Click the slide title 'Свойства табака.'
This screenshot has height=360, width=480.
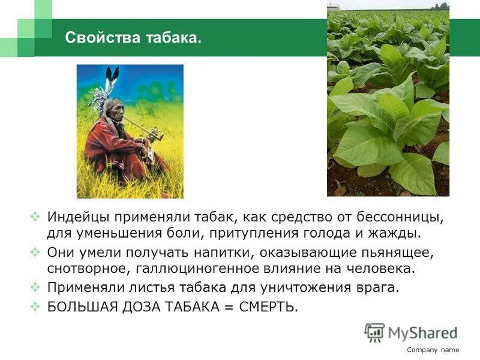coord(133,38)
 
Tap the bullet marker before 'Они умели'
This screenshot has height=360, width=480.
coord(35,250)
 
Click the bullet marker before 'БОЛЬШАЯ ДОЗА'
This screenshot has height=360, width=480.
coord(35,307)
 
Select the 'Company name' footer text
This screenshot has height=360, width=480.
coord(433,350)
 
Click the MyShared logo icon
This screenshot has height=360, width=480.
coord(374,332)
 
